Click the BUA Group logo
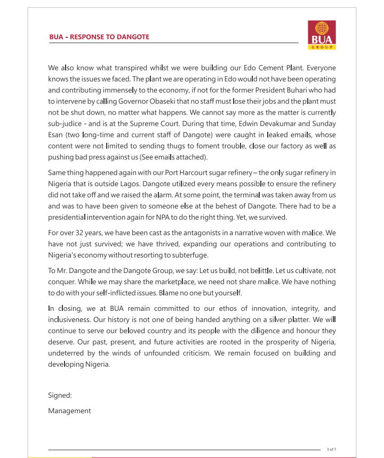[322, 35]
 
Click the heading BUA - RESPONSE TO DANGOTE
[99, 37]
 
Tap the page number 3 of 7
[331, 449]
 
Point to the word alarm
[170, 195]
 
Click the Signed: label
[60, 395]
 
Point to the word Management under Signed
[69, 411]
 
